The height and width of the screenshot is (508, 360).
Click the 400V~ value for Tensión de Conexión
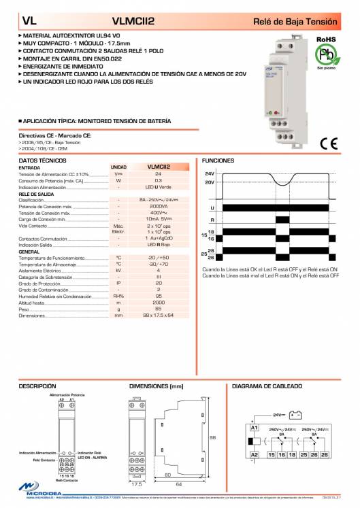point(159,213)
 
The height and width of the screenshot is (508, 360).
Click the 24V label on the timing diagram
point(209,174)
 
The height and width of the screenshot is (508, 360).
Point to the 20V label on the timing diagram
point(209,182)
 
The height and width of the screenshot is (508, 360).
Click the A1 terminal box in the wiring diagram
point(255,428)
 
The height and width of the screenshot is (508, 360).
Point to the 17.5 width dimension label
point(135,485)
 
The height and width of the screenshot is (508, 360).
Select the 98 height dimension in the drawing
point(212,437)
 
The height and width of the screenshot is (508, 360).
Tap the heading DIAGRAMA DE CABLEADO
point(262,386)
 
